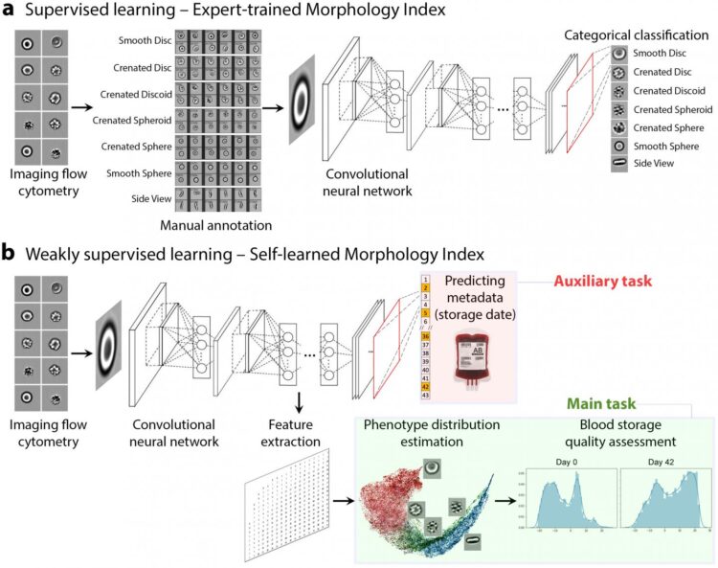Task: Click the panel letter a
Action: coord(11,12)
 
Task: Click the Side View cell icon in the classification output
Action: coord(619,164)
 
